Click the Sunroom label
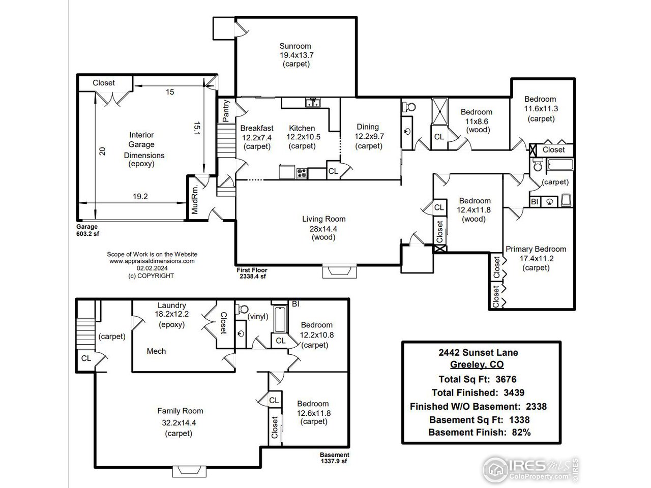point(295,46)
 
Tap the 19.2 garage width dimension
point(140,196)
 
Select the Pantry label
point(226,111)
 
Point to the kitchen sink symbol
point(313,103)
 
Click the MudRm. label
point(195,200)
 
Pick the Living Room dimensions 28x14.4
point(323,229)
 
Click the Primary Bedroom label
point(536,249)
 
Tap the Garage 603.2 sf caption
point(87,230)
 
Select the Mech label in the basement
point(156,351)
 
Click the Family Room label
point(180,411)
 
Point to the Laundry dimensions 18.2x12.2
point(172,314)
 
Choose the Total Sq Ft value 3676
point(506,379)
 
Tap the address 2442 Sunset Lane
point(478,353)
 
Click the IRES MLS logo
point(530,470)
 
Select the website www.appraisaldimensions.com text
point(152,261)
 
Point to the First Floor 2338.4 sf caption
point(252,273)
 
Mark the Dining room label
point(368,127)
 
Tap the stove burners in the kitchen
point(302,173)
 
